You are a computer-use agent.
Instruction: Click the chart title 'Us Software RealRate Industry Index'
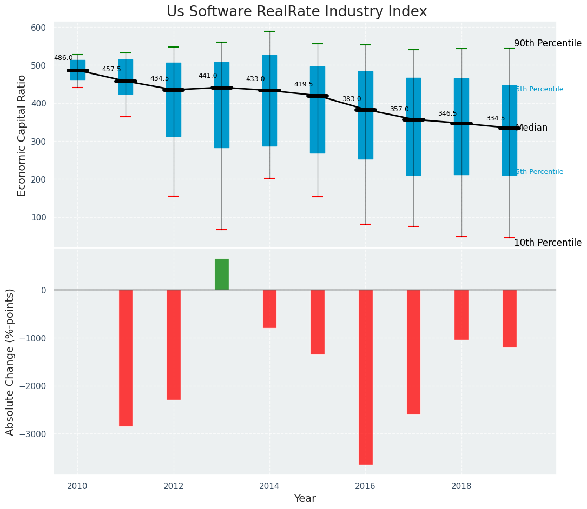[296, 12]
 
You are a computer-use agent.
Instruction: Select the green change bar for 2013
[221, 274]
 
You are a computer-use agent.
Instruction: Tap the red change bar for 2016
[365, 377]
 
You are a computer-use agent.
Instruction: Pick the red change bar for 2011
[126, 358]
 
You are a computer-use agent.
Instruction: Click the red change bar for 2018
[461, 314]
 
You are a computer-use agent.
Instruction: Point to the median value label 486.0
[63, 58]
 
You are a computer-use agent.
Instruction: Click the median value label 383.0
[352, 99]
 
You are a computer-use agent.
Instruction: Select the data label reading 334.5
[496, 118]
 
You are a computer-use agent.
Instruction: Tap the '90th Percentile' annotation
[548, 43]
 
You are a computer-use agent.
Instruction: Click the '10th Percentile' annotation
[548, 243]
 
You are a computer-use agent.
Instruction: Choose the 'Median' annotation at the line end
[531, 128]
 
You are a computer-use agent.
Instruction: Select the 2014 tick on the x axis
[269, 486]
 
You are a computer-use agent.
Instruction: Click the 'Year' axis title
[305, 499]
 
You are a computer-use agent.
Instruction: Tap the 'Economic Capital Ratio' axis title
[22, 135]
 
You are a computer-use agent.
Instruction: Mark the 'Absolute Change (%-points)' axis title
[10, 361]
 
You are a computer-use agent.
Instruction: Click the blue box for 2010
[77, 70]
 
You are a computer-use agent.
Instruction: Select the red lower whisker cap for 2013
[221, 230]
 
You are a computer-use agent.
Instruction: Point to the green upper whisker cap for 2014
[269, 31]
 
